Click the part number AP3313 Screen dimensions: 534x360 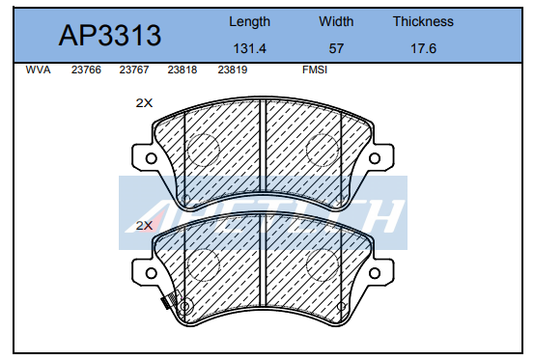(110, 36)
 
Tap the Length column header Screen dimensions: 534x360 (250, 22)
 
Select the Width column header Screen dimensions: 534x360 (336, 22)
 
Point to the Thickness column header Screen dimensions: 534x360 (423, 21)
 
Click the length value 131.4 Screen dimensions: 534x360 (250, 48)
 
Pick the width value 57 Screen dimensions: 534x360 (336, 48)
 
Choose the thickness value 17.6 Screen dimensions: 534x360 (423, 48)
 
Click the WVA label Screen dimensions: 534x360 (39, 70)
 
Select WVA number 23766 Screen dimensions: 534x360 (86, 70)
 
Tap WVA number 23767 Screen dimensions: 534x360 (134, 70)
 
